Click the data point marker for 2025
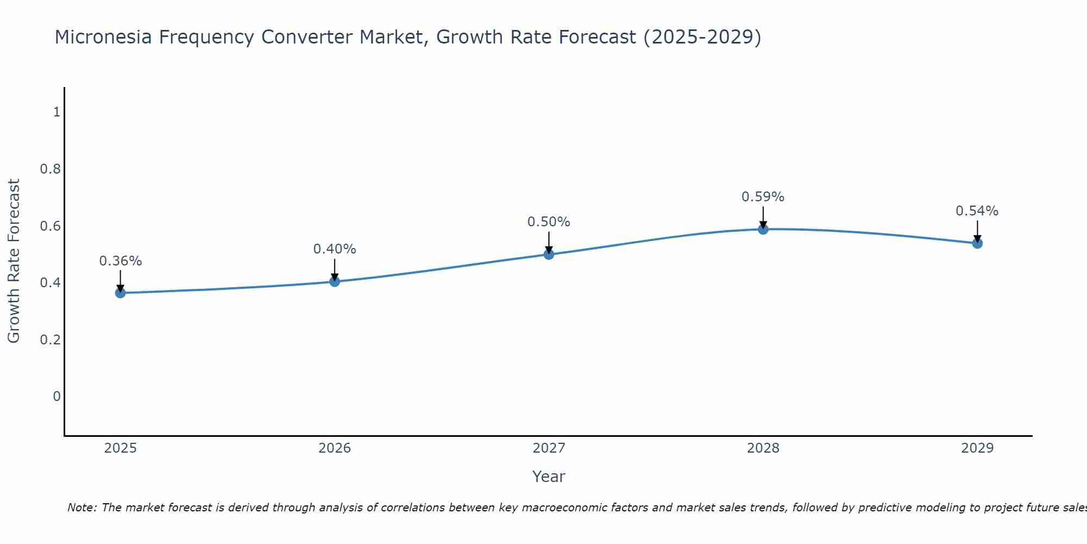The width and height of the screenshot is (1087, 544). pos(120,293)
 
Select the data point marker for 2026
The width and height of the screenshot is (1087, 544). pos(335,281)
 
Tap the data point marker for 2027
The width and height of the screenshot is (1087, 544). pos(549,254)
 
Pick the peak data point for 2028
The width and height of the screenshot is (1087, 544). pos(763,229)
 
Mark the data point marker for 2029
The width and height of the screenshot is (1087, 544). pos(977,243)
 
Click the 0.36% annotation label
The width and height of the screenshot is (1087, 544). pos(120,261)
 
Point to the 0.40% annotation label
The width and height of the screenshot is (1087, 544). pos(335,249)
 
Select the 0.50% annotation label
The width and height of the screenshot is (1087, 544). pos(549,222)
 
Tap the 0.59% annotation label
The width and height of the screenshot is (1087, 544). pos(763,197)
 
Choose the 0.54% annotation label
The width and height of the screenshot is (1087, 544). pos(977,211)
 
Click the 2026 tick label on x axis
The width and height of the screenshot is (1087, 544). pos(335,448)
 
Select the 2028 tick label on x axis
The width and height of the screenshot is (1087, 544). pos(763,448)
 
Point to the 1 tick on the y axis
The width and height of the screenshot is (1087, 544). pos(57,112)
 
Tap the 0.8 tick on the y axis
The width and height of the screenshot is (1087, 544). pos(51,169)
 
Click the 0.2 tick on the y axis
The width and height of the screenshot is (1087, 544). pos(51,340)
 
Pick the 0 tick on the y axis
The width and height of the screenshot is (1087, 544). pos(57,397)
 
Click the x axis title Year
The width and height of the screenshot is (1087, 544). pos(549,477)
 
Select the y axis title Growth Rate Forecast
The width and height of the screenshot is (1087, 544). pos(14,261)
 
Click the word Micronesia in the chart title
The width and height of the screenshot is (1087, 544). pos(101,38)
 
